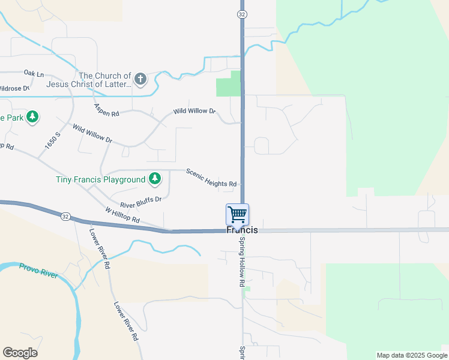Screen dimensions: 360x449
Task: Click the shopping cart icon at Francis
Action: coord(237,214)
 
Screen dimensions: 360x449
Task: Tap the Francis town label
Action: coord(242,230)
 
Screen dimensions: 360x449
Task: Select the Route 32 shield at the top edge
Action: coord(241,14)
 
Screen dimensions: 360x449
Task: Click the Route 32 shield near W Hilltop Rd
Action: coord(65,216)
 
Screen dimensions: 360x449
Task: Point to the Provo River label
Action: coord(38,271)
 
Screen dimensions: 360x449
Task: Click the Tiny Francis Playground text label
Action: coord(100,179)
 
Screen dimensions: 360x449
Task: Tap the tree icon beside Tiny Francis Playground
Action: coord(155,178)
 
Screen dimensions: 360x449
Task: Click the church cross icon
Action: coord(140,79)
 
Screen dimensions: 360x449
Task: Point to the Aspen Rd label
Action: coord(107,110)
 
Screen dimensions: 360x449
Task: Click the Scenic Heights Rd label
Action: coord(211,177)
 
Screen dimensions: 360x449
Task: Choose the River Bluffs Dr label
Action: coord(141,202)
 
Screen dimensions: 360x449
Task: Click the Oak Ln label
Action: coord(34,73)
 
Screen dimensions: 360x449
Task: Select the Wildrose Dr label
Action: coord(14,88)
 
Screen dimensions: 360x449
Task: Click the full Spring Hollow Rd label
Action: coord(243,265)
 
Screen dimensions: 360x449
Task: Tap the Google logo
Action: coord(20,353)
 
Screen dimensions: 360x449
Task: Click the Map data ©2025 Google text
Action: coord(412,355)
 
